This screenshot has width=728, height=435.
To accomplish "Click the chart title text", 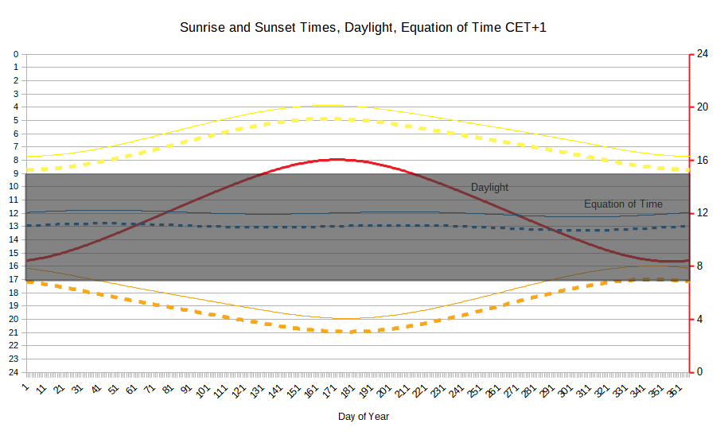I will click(x=364, y=28).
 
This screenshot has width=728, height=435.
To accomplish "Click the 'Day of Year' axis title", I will click(x=364, y=416).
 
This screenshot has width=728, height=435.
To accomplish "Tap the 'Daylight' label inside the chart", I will click(x=489, y=188).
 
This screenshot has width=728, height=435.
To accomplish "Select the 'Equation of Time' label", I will click(x=623, y=204).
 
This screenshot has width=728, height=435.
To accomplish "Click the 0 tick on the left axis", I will click(x=15, y=54).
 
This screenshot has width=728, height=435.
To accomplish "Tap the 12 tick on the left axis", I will click(x=14, y=213).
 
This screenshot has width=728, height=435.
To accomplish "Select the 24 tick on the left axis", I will click(x=14, y=372).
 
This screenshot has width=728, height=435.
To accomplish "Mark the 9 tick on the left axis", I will click(x=15, y=173).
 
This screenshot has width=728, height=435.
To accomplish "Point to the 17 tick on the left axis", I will click(x=14, y=279).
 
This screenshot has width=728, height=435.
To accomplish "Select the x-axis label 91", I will click(x=185, y=390).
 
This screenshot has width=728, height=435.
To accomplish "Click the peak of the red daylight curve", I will click(x=338, y=159).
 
